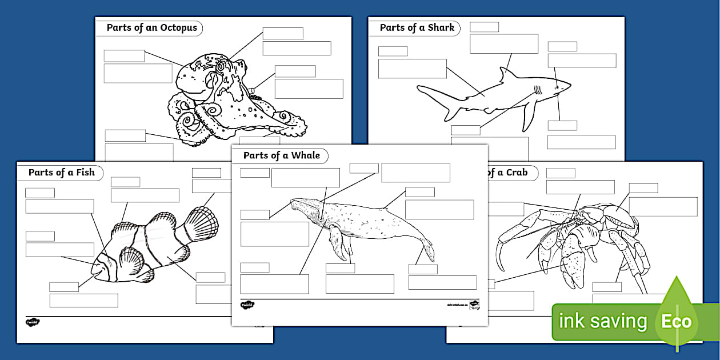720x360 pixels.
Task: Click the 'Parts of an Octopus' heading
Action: click(x=151, y=27)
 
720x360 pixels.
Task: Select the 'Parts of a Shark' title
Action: click(x=417, y=27)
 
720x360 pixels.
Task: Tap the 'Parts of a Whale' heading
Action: click(x=281, y=155)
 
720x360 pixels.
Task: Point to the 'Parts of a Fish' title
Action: click(x=61, y=172)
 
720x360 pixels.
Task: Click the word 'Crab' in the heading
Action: click(x=517, y=172)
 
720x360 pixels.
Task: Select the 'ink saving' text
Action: click(x=602, y=322)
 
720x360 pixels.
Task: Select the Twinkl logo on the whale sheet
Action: click(x=247, y=305)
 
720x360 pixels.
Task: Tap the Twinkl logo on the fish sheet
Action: click(x=33, y=322)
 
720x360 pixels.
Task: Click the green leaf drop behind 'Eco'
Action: click(x=677, y=294)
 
